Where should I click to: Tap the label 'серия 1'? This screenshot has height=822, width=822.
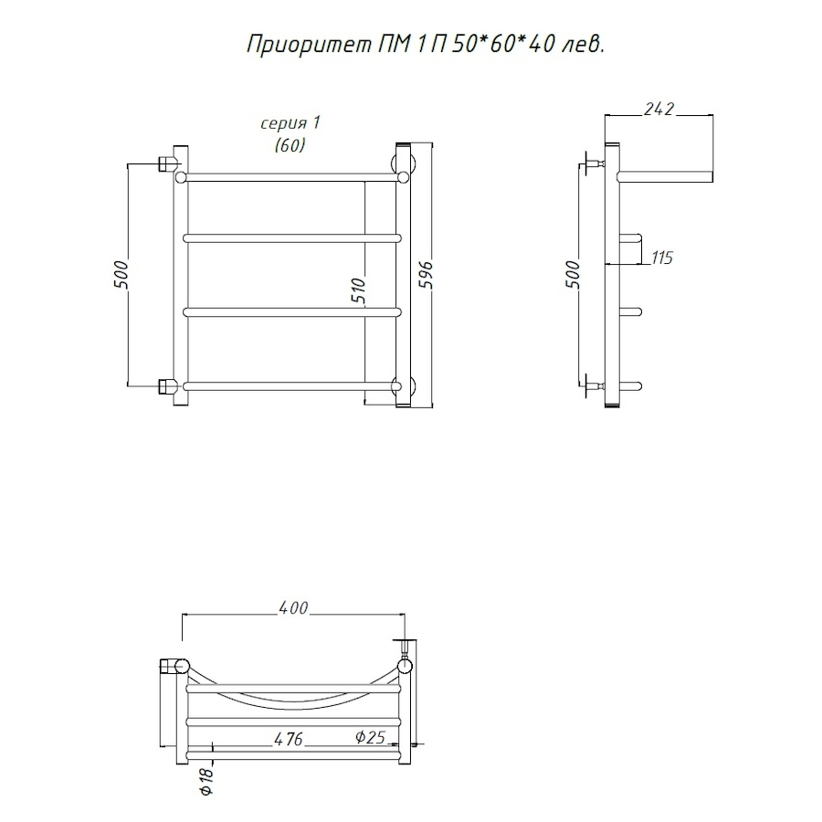(x=290, y=123)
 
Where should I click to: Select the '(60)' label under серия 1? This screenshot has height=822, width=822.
(x=290, y=144)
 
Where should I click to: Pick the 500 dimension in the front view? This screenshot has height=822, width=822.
(x=121, y=274)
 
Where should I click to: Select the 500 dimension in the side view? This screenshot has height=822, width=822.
(x=574, y=274)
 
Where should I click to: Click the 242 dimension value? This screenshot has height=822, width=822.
(x=659, y=109)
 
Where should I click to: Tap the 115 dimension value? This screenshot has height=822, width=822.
(x=662, y=258)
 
